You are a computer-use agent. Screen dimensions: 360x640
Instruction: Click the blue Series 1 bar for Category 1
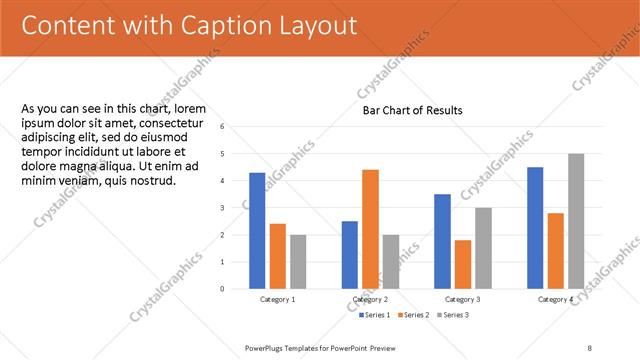257,231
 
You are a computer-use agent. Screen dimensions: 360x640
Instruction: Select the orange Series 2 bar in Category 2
370,229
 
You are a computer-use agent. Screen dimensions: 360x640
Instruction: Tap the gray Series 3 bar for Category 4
576,221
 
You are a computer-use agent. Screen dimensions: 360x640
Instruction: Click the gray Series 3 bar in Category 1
298,262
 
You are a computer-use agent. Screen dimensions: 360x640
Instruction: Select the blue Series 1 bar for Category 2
350,255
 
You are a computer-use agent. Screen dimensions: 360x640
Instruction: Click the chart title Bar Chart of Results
412,110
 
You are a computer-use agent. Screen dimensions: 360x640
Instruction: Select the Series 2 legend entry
412,315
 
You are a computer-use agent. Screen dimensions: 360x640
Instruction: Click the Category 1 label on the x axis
278,300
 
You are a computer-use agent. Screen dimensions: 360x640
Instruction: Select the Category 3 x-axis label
463,300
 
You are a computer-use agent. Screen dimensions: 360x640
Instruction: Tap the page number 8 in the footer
590,347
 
